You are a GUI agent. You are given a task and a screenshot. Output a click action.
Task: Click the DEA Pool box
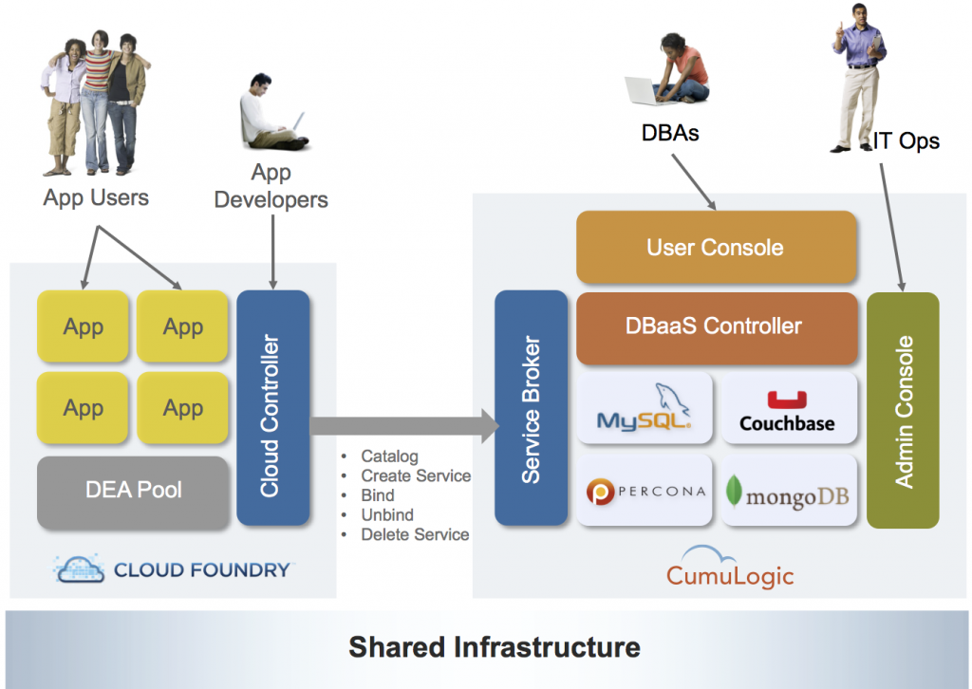click(x=133, y=492)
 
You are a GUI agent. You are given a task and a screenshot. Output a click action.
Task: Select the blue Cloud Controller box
click(x=271, y=408)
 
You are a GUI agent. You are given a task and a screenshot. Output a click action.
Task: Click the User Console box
click(x=716, y=248)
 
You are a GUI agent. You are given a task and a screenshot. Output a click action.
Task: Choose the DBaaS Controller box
click(x=714, y=327)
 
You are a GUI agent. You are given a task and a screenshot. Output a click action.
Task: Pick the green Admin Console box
click(x=903, y=410)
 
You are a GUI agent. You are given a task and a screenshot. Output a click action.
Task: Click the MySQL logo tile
click(x=645, y=408)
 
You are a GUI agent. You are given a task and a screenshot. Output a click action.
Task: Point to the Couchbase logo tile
click(x=788, y=408)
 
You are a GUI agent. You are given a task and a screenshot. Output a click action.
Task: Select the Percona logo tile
click(x=645, y=491)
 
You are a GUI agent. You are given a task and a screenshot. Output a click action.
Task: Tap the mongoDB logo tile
click(x=788, y=491)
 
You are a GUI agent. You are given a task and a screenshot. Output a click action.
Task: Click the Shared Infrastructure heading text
click(x=494, y=647)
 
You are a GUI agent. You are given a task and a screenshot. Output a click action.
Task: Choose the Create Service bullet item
click(x=415, y=475)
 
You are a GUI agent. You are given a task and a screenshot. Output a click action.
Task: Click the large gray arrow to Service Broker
click(x=403, y=425)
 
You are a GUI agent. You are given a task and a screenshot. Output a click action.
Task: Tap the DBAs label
click(x=670, y=133)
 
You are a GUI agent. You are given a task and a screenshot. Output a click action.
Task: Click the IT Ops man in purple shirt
click(x=860, y=76)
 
